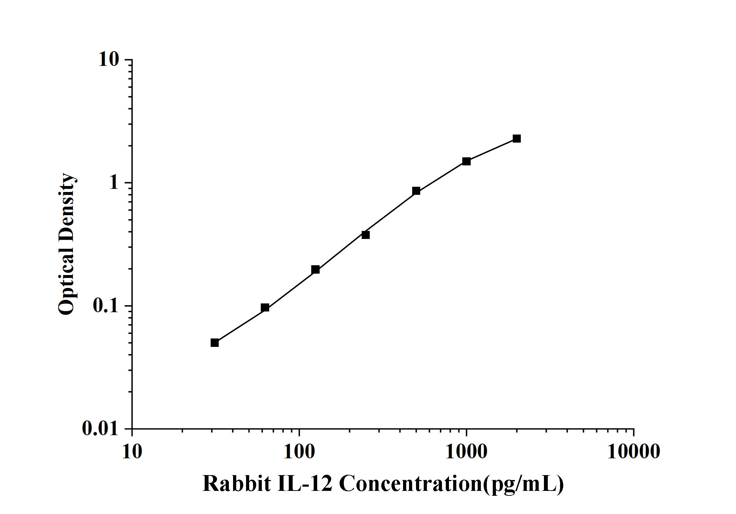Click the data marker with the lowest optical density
click(214, 343)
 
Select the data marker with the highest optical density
click(517, 138)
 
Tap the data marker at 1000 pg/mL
click(466, 161)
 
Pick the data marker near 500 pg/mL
click(416, 191)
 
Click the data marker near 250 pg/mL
click(366, 235)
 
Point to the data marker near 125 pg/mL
click(315, 269)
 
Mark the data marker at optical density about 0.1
click(265, 308)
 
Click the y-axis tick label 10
click(109, 60)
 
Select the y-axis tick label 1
click(114, 183)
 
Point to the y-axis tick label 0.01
click(100, 428)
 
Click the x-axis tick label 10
click(132, 452)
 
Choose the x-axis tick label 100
click(299, 452)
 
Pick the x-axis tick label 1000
click(466, 452)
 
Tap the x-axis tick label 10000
click(633, 452)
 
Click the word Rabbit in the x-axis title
click(237, 484)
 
